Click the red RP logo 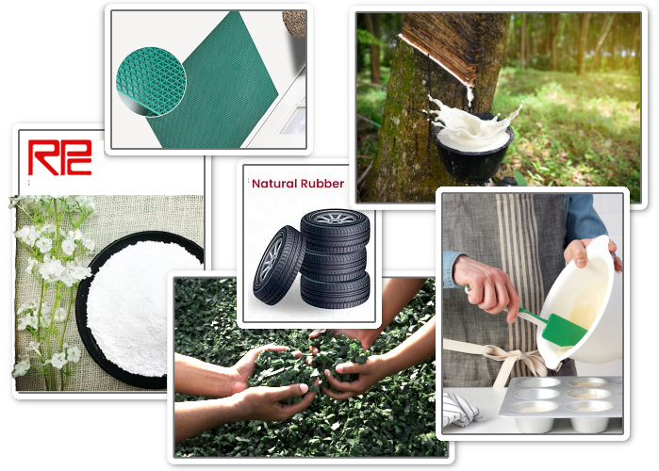59,157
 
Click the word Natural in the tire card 274,184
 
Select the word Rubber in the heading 322,184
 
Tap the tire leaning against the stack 277,266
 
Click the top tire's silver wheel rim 335,217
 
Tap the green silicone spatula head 563,331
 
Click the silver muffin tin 561,404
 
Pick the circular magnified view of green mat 151,81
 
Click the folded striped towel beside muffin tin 461,409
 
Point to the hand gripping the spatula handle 486,285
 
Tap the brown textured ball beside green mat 295,24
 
